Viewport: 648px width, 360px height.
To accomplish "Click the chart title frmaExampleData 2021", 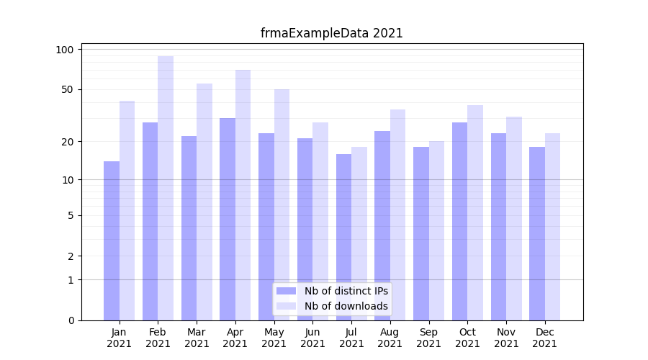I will pyautogui.click(x=331, y=33).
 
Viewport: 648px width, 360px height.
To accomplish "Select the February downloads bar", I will pyautogui.click(x=166, y=187).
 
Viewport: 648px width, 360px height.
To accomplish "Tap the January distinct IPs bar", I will pyautogui.click(x=112, y=241).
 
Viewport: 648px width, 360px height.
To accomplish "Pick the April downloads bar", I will pyautogui.click(x=243, y=194).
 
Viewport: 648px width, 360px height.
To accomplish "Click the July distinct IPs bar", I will pyautogui.click(x=343, y=238).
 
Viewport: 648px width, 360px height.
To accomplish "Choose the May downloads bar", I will pyautogui.click(x=282, y=205).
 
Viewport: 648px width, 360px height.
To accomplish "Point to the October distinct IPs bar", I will pyautogui.click(x=459, y=222).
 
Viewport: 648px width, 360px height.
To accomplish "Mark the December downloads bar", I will pyautogui.click(x=552, y=227).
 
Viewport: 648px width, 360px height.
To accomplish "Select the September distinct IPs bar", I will pyautogui.click(x=421, y=234).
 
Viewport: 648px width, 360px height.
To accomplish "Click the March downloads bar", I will pyautogui.click(x=204, y=202).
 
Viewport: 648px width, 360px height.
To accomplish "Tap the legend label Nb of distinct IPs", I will pyautogui.click(x=346, y=291).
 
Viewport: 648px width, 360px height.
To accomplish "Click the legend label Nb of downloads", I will pyautogui.click(x=346, y=306).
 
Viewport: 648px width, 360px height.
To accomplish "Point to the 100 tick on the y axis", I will pyautogui.click(x=66, y=50).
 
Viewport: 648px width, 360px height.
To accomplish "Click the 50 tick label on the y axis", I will pyautogui.click(x=68, y=90).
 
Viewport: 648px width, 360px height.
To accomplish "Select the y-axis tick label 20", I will pyautogui.click(x=68, y=142).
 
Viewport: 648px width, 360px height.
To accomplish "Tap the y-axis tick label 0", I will pyautogui.click(x=71, y=320).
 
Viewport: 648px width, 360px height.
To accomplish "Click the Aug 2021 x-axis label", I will pyautogui.click(x=390, y=338).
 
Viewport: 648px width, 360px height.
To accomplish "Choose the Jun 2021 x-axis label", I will pyautogui.click(x=312, y=338).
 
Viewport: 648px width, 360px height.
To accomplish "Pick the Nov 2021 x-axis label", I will pyautogui.click(x=506, y=338).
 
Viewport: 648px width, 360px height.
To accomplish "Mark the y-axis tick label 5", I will pyautogui.click(x=71, y=215).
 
